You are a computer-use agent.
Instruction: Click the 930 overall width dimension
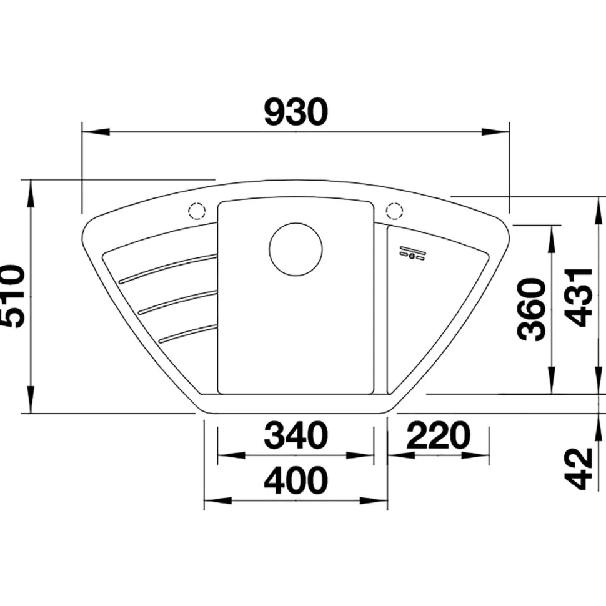pos(296,112)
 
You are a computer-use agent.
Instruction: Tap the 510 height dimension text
pos(12,296)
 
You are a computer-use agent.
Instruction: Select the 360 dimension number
pos(532,309)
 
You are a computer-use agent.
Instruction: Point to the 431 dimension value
pos(579,297)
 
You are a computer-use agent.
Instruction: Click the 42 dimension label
pos(579,469)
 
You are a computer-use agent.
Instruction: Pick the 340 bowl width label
pos(296,435)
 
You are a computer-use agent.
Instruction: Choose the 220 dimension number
pos(439,435)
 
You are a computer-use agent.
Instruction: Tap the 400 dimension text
pos(296,480)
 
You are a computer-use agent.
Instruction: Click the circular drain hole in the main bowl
pos(296,249)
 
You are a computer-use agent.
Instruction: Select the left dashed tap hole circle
pos(197,211)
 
